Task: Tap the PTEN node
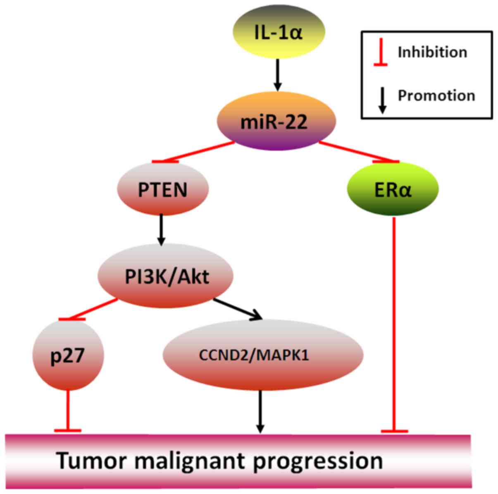click(x=163, y=189)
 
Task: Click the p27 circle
click(x=68, y=356)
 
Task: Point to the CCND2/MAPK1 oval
click(x=263, y=355)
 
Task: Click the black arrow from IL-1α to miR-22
click(x=278, y=74)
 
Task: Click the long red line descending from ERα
click(x=394, y=322)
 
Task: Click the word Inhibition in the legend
click(x=432, y=53)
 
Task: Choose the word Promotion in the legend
click(x=436, y=96)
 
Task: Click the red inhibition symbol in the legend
click(x=380, y=53)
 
